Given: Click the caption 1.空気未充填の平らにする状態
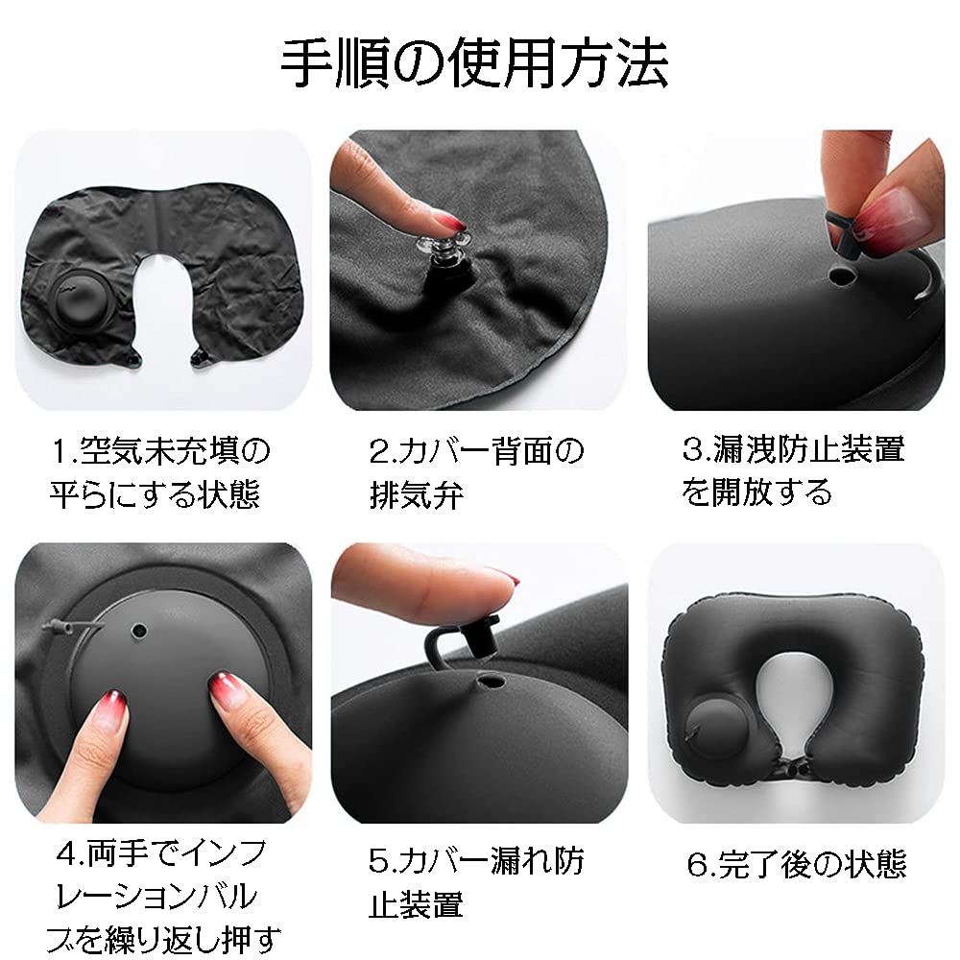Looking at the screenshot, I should click(x=160, y=471).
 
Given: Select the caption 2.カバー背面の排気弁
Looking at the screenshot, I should click(x=476, y=471).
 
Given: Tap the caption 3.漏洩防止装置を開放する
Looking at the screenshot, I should click(x=793, y=469).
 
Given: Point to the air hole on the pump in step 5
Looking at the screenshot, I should click(x=492, y=684).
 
